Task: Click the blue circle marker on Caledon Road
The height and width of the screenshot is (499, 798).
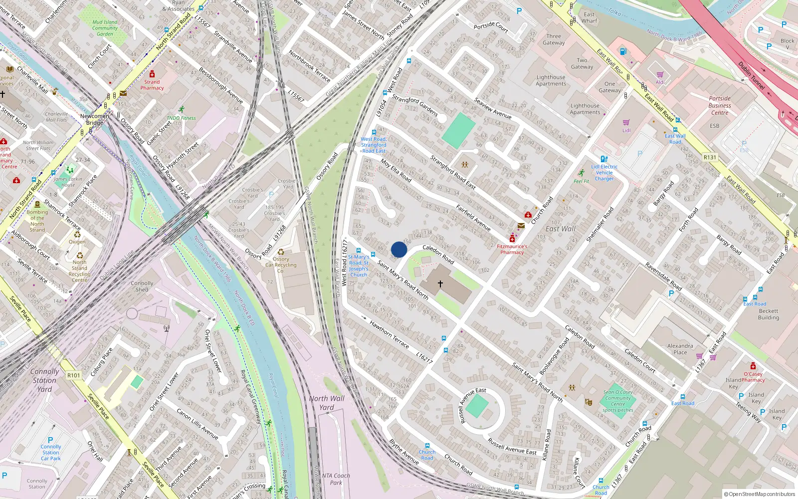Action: [399, 249]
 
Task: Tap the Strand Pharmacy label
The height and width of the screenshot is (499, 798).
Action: [152, 85]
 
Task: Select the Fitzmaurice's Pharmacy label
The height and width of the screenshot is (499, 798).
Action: [512, 249]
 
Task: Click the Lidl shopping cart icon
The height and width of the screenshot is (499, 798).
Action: [626, 122]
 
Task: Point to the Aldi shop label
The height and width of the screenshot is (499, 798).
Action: [660, 82]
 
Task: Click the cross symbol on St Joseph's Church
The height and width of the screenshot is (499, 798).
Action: [440, 284]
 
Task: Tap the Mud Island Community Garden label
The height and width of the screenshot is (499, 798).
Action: [105, 28]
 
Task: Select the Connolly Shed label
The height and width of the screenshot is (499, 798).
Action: [142, 286]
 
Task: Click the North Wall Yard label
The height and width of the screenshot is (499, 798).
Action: [327, 403]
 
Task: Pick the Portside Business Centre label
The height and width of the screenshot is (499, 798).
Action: [720, 105]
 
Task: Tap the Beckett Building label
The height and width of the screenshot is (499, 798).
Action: [768, 314]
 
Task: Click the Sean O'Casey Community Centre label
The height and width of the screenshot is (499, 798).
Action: [618, 401]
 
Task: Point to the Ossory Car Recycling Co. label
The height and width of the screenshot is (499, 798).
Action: [281, 265]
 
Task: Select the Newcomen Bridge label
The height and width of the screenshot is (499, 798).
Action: [94, 119]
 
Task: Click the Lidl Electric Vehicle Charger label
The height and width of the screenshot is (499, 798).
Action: [604, 173]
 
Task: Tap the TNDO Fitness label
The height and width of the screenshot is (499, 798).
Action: [182, 118]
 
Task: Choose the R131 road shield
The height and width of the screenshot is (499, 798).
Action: [710, 157]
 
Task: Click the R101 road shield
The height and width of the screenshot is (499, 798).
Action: [73, 375]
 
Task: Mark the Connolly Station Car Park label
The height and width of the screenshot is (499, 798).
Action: [51, 452]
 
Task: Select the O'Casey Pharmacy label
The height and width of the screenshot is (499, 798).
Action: [753, 377]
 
